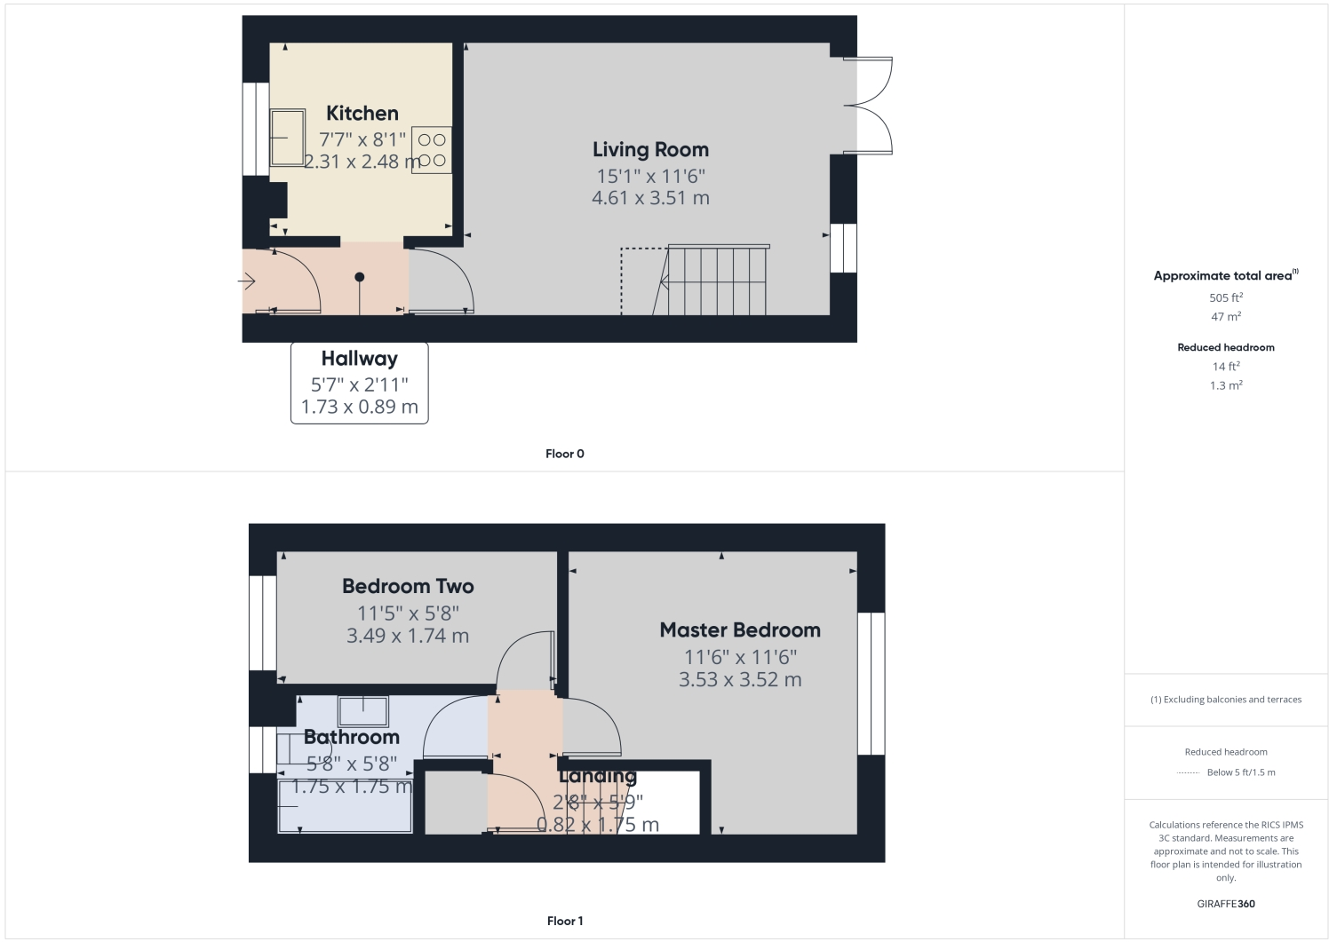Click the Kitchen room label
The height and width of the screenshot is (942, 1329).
pyautogui.click(x=362, y=114)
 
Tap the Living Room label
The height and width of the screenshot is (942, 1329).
pyautogui.click(x=650, y=150)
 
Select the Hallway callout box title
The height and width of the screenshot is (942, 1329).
pyautogui.click(x=359, y=359)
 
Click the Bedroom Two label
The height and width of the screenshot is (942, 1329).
pyautogui.click(x=408, y=587)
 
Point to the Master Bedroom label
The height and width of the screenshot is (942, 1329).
pyautogui.click(x=740, y=630)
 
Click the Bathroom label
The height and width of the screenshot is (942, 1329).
pyautogui.click(x=352, y=737)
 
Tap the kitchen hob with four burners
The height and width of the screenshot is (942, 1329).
pyautogui.click(x=432, y=150)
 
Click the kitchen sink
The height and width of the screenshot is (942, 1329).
pyautogui.click(x=287, y=138)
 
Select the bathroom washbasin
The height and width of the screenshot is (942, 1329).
pyautogui.click(x=362, y=712)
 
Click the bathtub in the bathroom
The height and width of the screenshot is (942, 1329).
pyautogui.click(x=346, y=806)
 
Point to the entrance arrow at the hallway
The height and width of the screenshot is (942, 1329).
pyautogui.click(x=248, y=282)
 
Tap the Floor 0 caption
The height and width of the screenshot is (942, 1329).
pyautogui.click(x=565, y=454)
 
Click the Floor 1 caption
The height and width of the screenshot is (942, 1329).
pyautogui.click(x=565, y=921)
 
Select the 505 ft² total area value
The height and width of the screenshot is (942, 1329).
pyautogui.click(x=1226, y=297)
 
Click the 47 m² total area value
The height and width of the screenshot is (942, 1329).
pyautogui.click(x=1226, y=317)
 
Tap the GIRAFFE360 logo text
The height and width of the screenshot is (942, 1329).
pyautogui.click(x=1226, y=904)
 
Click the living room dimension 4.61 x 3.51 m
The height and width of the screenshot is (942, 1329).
pyautogui.click(x=650, y=198)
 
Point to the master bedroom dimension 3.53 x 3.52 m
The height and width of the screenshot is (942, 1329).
pyautogui.click(x=740, y=680)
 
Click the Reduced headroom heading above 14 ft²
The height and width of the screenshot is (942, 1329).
pyautogui.click(x=1226, y=347)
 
